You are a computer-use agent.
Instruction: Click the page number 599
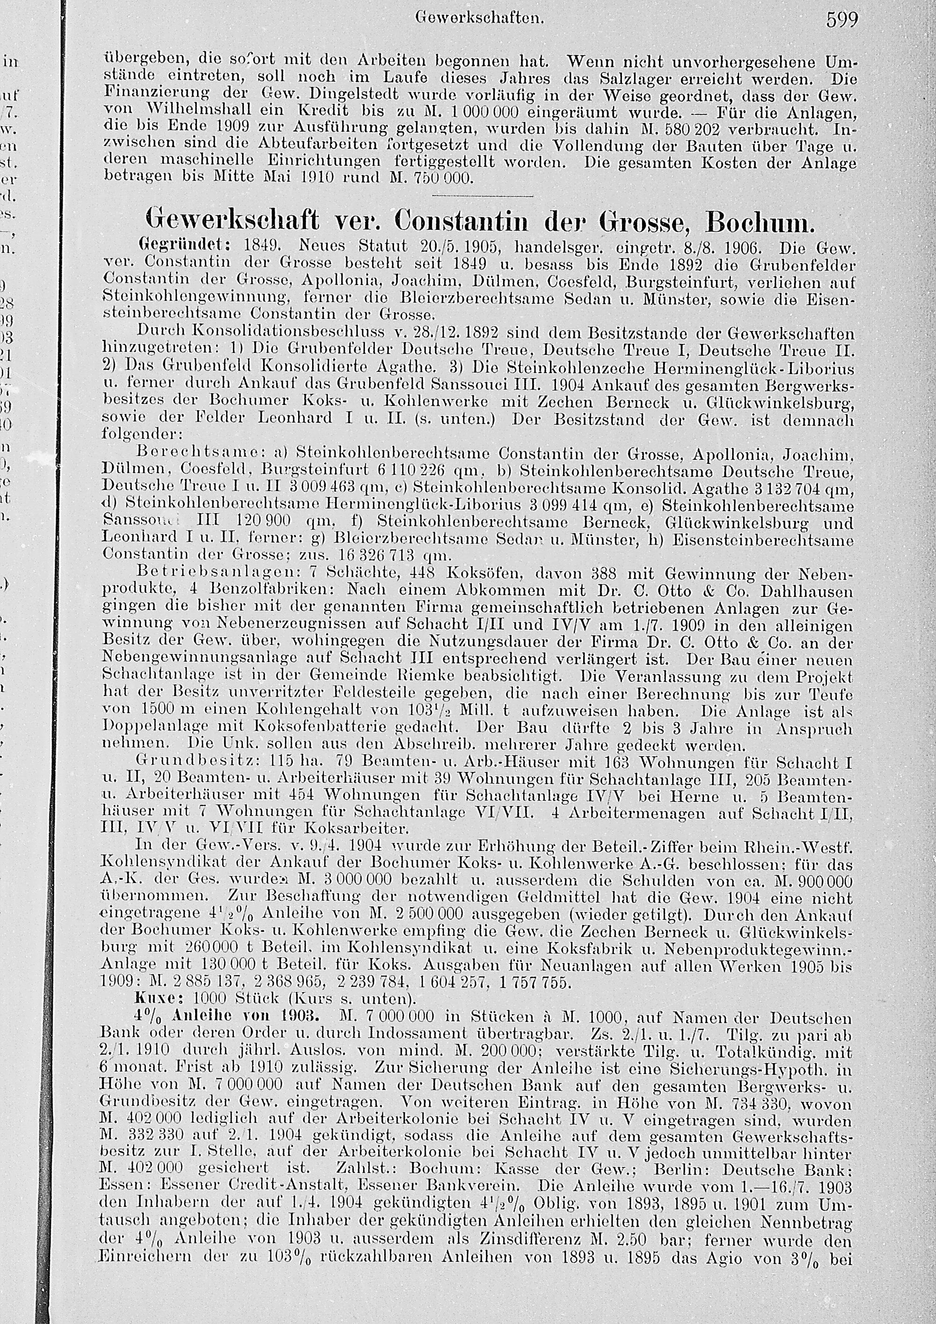click(842, 20)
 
